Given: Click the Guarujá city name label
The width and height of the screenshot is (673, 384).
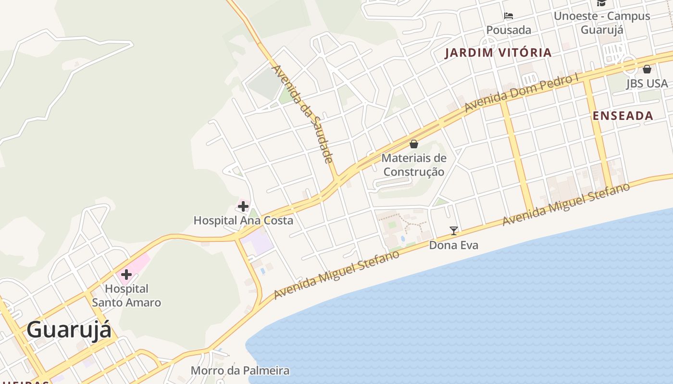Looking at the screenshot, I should pyautogui.click(x=69, y=330).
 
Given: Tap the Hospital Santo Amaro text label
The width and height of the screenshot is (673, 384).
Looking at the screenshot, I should pyautogui.click(x=126, y=296).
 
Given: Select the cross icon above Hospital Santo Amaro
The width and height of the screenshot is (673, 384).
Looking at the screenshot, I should pyautogui.click(x=126, y=275).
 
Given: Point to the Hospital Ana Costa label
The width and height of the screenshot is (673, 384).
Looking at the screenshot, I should pyautogui.click(x=243, y=221).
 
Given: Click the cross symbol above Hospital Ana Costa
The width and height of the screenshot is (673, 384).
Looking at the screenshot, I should pyautogui.click(x=243, y=207).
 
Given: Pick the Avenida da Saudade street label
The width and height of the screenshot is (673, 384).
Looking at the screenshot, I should pyautogui.click(x=303, y=114).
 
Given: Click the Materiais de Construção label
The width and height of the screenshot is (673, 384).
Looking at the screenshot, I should pyautogui.click(x=414, y=165).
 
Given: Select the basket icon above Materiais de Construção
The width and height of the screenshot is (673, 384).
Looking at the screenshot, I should pyautogui.click(x=414, y=144).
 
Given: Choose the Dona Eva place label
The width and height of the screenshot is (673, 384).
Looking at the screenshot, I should pyautogui.click(x=454, y=245).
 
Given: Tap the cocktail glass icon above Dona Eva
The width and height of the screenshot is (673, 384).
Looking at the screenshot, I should pyautogui.click(x=454, y=231).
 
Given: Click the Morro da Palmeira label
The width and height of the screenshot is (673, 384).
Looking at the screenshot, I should pyautogui.click(x=240, y=371).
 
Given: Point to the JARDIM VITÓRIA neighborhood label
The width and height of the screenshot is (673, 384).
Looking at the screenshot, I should pyautogui.click(x=498, y=53).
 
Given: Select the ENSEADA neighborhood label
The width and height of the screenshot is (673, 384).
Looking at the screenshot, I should pyautogui.click(x=623, y=116).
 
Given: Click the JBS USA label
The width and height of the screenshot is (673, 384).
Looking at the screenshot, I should pyautogui.click(x=647, y=84).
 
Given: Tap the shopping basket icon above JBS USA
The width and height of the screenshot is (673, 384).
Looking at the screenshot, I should pyautogui.click(x=647, y=69).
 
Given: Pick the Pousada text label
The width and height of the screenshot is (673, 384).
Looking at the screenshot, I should pyautogui.click(x=509, y=30).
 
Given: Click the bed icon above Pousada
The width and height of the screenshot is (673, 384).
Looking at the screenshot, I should pyautogui.click(x=509, y=16).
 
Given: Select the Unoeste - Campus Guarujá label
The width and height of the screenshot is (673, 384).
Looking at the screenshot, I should pyautogui.click(x=602, y=23).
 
